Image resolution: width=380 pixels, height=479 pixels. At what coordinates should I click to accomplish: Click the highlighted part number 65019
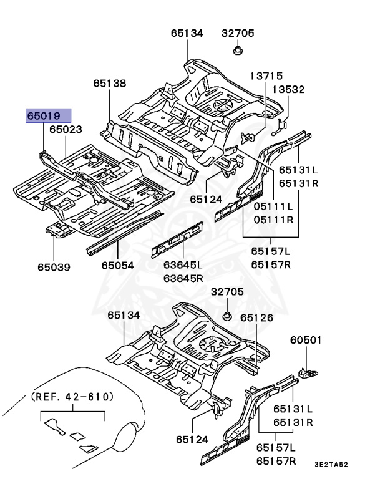pos(48,115)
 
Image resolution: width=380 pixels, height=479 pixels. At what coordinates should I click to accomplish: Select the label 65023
pos(66,130)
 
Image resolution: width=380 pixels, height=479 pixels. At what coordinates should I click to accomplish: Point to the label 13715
pos(266,75)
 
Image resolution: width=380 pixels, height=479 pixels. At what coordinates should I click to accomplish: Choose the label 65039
pos(53,268)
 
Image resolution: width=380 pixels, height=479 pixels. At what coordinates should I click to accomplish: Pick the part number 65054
pos(118,266)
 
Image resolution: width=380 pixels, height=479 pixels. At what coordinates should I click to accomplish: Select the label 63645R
pos(183,278)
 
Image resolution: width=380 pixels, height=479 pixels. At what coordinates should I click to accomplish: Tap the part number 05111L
pos(273,206)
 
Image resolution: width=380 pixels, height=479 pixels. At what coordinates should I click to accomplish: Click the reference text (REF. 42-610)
pos(72,397)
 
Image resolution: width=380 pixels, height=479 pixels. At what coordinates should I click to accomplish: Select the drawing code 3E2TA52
pos(349,464)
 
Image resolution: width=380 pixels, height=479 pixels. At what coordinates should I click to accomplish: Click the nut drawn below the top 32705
pos(238,49)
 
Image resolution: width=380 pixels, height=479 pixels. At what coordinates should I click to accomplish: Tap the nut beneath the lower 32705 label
pos(228,315)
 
